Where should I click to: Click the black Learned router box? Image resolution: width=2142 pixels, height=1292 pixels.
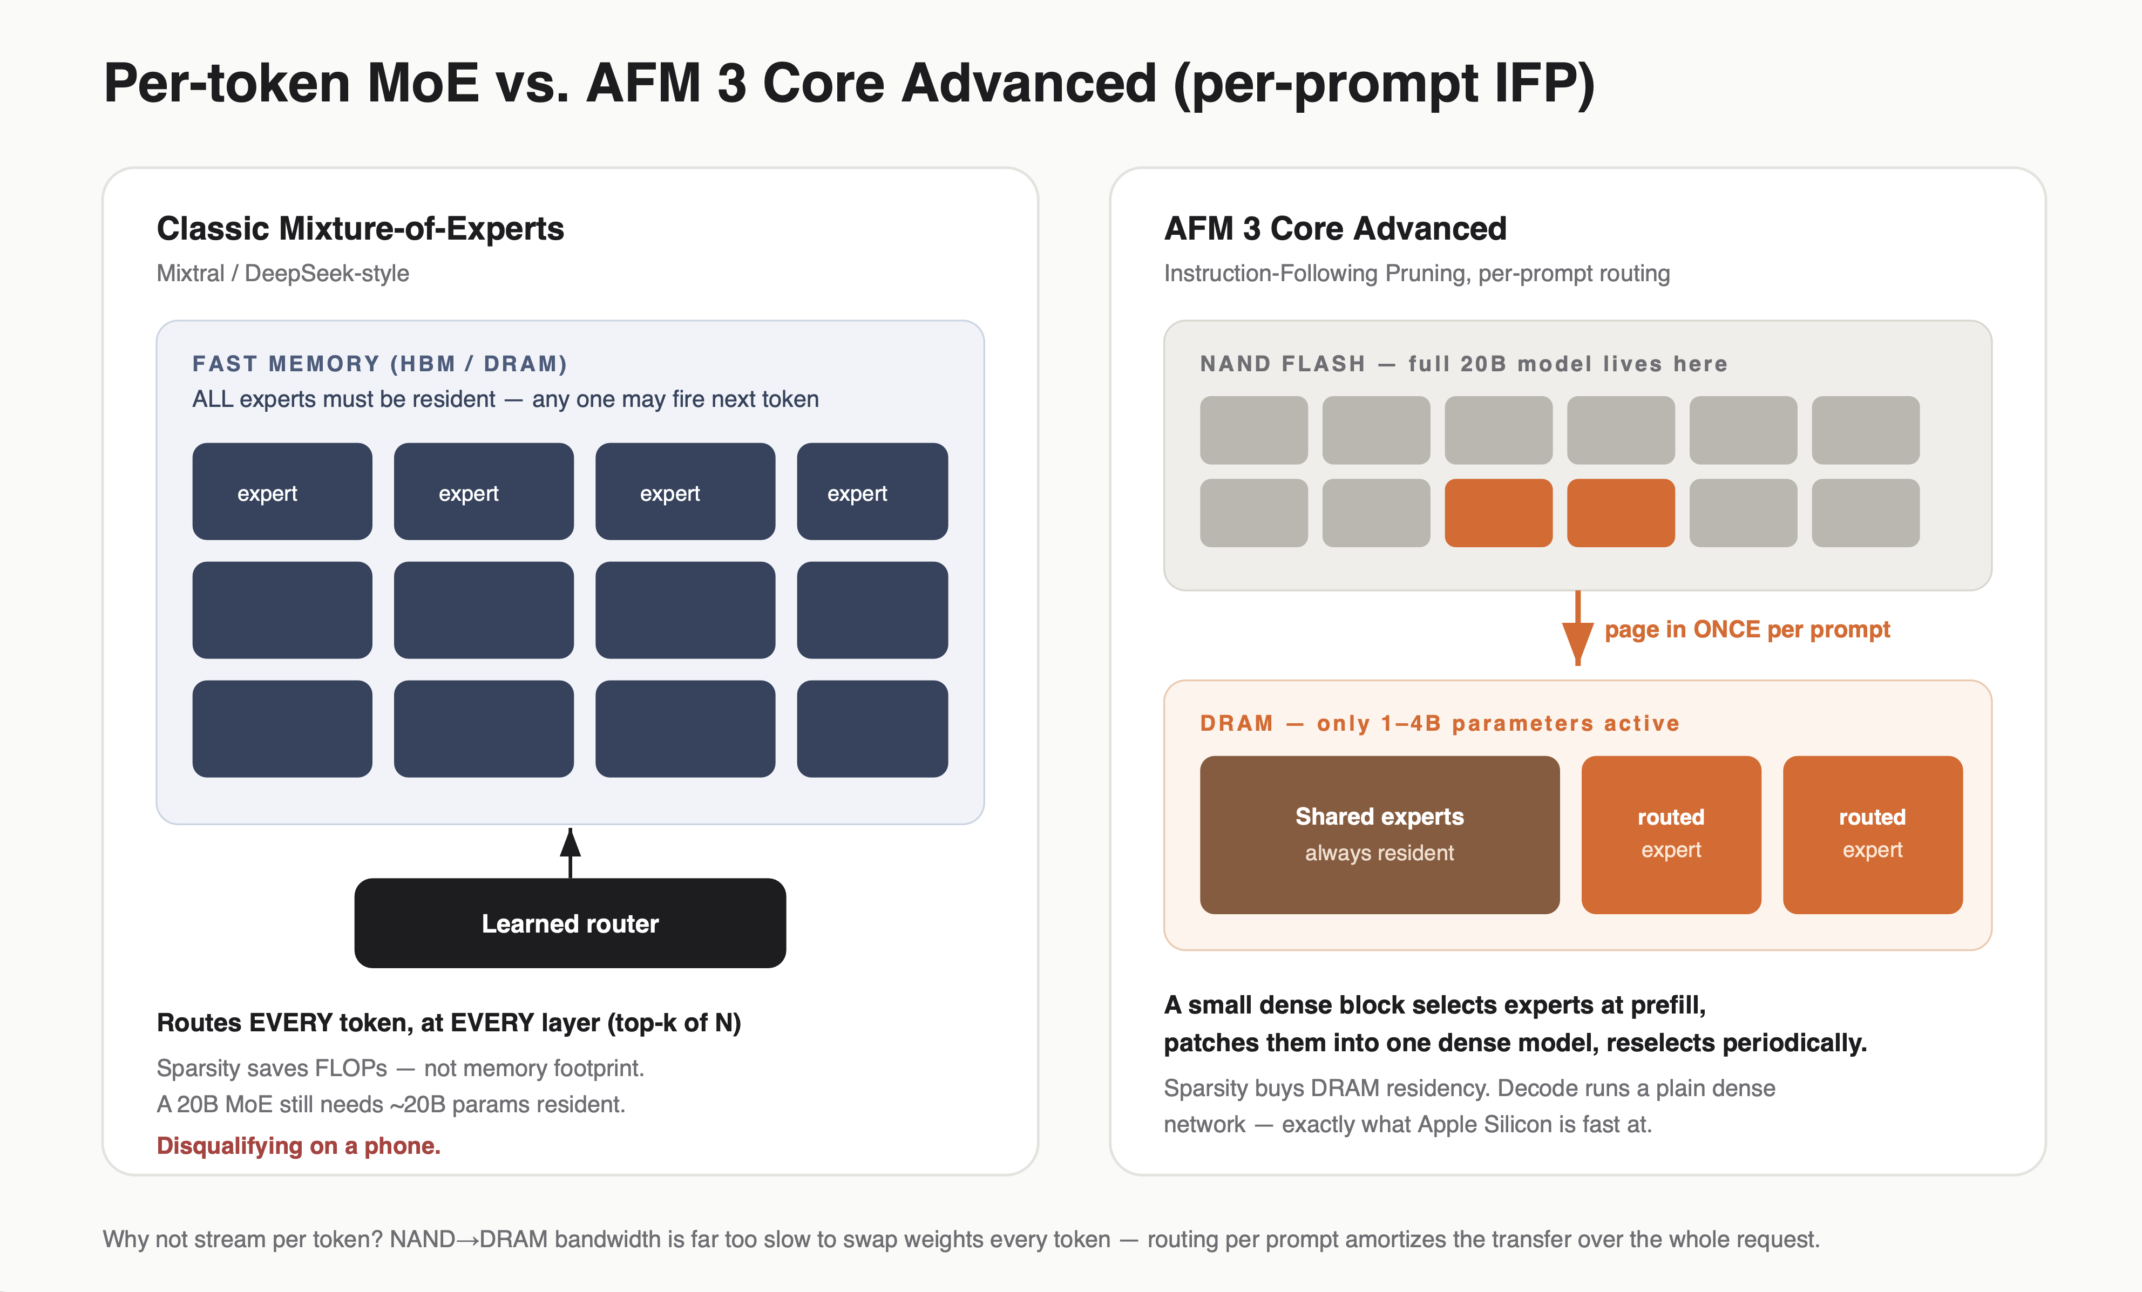point(570,923)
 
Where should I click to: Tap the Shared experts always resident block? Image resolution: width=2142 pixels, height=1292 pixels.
point(1380,834)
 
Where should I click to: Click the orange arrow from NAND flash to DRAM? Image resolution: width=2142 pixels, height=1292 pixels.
point(1578,628)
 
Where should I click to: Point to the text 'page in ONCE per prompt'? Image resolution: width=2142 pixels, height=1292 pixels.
point(1747,629)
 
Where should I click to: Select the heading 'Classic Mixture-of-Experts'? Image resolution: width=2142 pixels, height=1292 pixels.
point(360,228)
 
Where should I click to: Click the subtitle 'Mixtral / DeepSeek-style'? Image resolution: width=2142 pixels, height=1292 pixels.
point(282,273)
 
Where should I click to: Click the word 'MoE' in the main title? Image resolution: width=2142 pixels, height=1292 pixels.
point(423,84)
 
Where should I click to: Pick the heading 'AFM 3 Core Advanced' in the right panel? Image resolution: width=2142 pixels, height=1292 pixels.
point(1336,228)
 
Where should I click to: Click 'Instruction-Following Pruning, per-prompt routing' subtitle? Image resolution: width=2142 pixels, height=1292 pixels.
point(1417,273)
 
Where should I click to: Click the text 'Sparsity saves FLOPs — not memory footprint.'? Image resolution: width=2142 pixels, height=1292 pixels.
point(400,1068)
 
